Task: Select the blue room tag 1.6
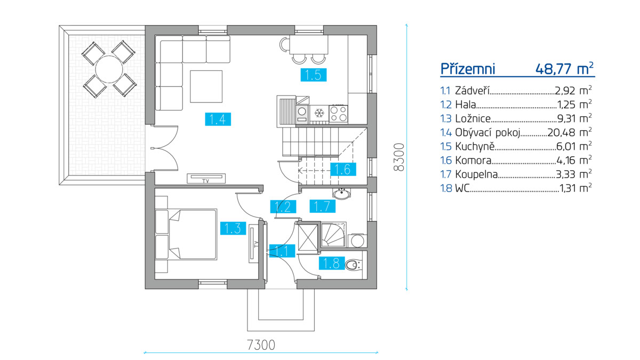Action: [342, 170]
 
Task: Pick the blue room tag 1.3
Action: [232, 228]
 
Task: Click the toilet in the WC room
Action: [353, 263]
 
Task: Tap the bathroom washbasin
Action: [341, 194]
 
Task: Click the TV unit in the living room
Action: [206, 179]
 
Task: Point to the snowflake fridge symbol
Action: [319, 113]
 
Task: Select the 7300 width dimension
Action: [261, 345]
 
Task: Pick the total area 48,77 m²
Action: [564, 69]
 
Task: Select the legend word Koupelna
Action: [477, 174]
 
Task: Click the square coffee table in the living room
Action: [206, 86]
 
